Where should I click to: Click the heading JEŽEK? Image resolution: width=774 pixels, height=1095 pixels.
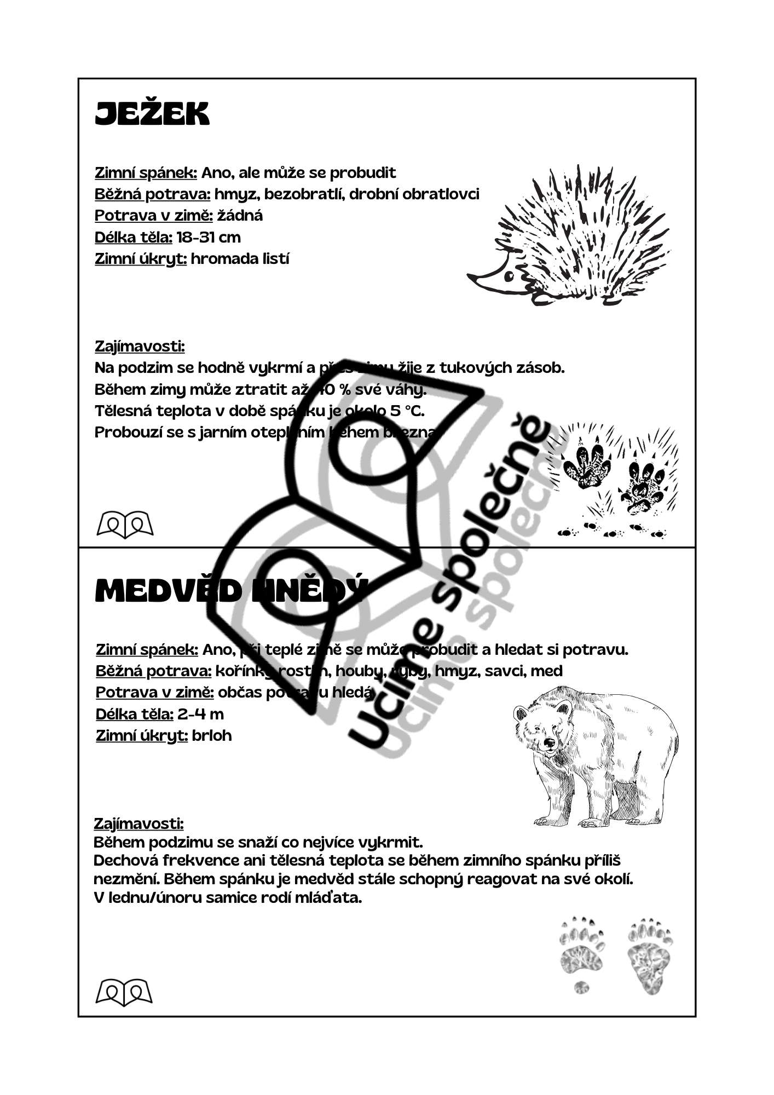(x=152, y=114)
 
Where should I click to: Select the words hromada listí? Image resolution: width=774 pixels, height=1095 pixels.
(x=240, y=258)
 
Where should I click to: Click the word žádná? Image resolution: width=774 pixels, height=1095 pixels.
(x=240, y=216)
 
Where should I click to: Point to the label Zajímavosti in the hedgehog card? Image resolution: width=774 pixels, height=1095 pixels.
(x=140, y=346)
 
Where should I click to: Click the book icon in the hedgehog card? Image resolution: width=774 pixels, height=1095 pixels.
(x=125, y=525)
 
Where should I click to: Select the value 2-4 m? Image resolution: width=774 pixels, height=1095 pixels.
(x=201, y=714)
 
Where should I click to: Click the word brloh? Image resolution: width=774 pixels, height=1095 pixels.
(x=212, y=735)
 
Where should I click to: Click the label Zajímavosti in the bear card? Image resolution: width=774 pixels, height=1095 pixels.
(x=138, y=823)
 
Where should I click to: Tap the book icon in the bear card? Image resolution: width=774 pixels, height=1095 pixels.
(x=124, y=992)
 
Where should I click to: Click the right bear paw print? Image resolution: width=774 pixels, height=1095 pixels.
(x=650, y=955)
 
